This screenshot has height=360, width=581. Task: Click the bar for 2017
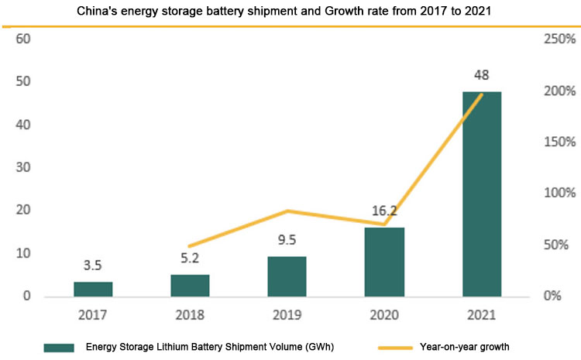click(93, 289)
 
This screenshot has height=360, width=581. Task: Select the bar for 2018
click(191, 285)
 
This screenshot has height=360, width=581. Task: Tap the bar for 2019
click(287, 276)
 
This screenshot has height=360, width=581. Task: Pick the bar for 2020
click(385, 262)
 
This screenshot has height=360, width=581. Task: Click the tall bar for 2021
click(482, 194)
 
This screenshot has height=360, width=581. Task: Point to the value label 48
click(482, 76)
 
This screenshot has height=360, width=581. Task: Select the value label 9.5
click(287, 240)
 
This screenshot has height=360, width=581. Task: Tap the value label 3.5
click(93, 266)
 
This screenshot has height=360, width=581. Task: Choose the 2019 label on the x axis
click(287, 315)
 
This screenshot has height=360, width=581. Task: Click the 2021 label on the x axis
click(482, 315)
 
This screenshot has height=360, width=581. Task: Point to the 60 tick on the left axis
click(22, 39)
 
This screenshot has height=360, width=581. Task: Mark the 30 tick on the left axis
click(22, 167)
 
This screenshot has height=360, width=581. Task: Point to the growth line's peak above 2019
click(287, 211)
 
